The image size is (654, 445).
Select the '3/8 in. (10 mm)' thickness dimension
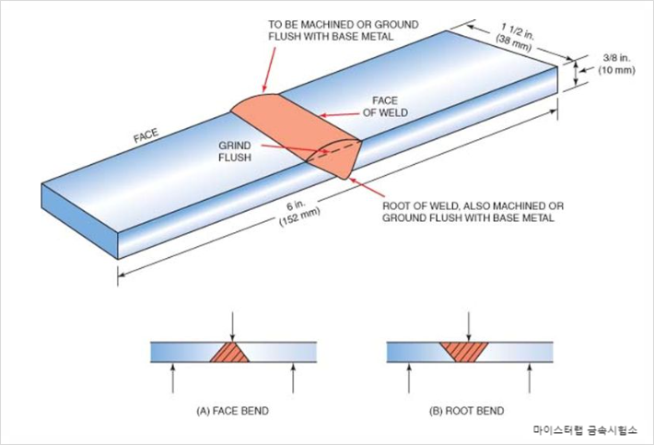[x=613, y=63]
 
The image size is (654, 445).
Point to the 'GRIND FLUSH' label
[x=235, y=151]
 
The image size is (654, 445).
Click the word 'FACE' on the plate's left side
[x=146, y=135]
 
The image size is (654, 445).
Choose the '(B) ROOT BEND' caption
[x=469, y=410]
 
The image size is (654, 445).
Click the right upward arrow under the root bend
[x=528, y=377]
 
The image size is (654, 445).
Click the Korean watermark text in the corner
[x=583, y=429]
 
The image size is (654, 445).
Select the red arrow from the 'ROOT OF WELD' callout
[x=368, y=189]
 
